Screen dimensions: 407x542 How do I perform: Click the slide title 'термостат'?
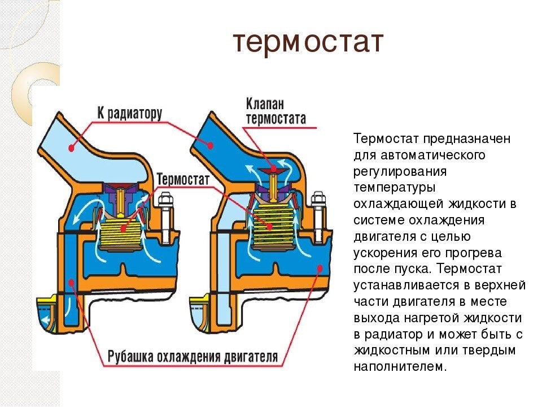pos(308,43)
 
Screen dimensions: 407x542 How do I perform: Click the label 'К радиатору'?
pos(130,113)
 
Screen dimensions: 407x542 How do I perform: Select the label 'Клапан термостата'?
pos(276,111)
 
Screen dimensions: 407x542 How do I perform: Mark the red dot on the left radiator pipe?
pos(72,148)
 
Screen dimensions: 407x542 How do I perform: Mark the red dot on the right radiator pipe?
pos(210,145)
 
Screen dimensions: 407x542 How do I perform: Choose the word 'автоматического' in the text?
pos(434,155)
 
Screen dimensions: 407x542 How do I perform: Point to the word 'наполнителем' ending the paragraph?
pos(400,367)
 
